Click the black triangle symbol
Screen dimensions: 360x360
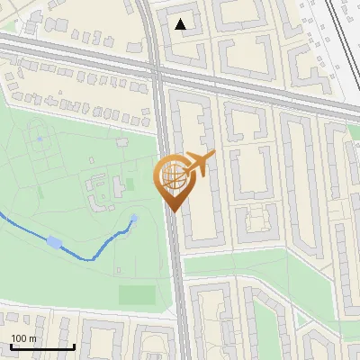(182, 24)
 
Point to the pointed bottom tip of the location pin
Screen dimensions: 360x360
(172, 211)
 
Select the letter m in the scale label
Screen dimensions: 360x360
(33, 338)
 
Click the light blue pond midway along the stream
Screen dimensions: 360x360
(55, 242)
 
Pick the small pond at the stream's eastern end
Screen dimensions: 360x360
(134, 219)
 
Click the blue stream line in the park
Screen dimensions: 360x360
(99, 254)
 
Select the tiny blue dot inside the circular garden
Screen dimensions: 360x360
(40, 139)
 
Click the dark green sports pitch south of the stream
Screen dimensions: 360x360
(136, 293)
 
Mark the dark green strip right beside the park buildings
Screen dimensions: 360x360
(130, 184)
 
